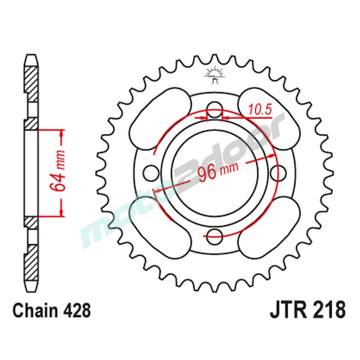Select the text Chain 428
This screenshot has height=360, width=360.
tap(51, 310)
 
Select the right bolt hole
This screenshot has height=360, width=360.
tap(279, 172)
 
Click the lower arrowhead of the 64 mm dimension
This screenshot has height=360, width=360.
tap(62, 212)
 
